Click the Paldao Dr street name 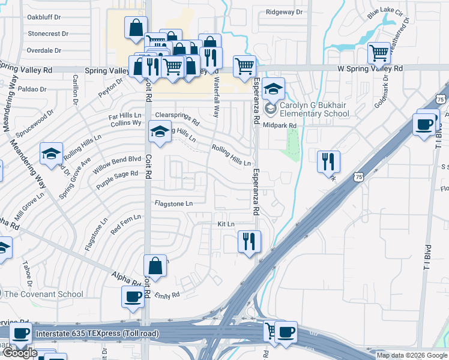pyautogui.click(x=33, y=89)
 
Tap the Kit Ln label pyautogui.click(x=226, y=223)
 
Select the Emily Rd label pyautogui.click(x=167, y=295)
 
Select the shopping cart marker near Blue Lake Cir pyautogui.click(x=379, y=53)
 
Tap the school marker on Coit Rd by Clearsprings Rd pyautogui.click(x=159, y=132)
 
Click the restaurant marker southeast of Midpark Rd pyautogui.click(x=329, y=161)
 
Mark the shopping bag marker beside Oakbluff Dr pyautogui.click(x=136, y=27)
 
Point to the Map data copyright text pyautogui.click(x=411, y=355)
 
